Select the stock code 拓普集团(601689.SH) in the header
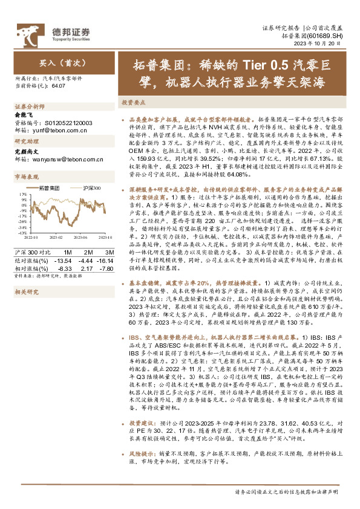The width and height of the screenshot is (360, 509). (x=316, y=37)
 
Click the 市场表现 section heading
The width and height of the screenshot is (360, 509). (x=27, y=177)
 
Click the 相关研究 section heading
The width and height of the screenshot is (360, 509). (x=27, y=291)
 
